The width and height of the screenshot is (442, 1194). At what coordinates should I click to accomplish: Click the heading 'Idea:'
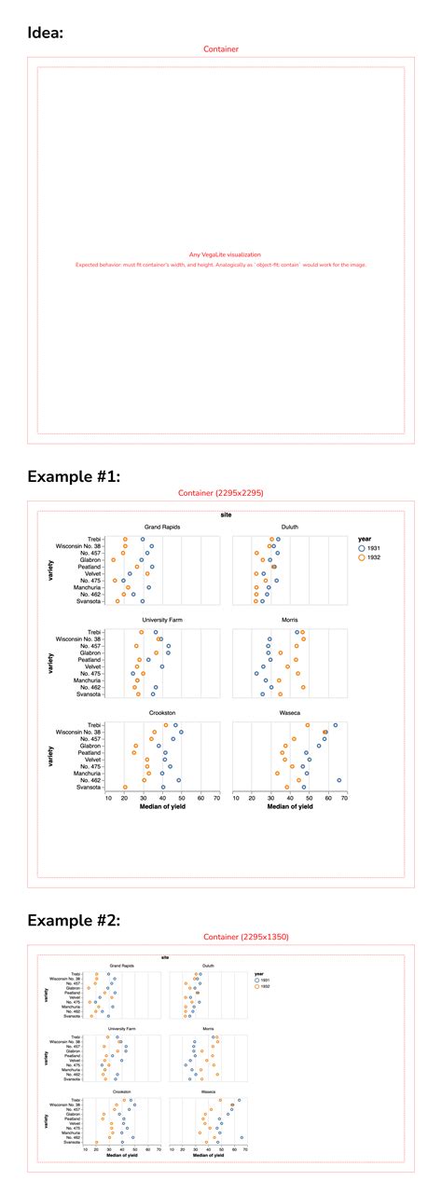47,32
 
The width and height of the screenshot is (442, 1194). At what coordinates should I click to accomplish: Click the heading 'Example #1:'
74,476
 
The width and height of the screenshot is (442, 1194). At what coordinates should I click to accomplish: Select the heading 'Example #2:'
74,920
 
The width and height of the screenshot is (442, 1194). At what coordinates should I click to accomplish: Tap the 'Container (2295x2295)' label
220,493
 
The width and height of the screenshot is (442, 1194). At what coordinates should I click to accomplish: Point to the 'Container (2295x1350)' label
220,937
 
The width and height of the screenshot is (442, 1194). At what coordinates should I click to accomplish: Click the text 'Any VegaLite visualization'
221,254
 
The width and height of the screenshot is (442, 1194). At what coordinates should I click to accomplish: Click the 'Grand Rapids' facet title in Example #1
162,527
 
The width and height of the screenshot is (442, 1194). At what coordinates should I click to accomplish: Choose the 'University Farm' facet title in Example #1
162,620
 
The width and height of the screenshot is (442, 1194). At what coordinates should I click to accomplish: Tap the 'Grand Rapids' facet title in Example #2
122,966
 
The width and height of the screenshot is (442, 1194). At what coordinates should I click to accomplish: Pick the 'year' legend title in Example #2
259,974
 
